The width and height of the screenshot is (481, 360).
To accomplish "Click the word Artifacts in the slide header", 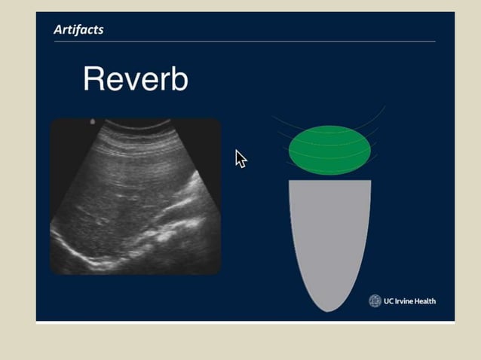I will [x=78, y=30].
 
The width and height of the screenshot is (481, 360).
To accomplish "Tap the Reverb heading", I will [x=135, y=79].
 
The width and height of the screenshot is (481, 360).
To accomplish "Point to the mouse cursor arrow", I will [x=240, y=157].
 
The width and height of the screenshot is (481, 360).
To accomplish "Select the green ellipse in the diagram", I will [x=329, y=150].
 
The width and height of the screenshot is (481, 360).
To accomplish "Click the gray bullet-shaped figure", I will [x=329, y=233].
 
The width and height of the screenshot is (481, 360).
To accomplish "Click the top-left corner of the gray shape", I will [x=290, y=182].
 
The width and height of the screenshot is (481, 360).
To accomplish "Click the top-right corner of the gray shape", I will [x=369, y=182].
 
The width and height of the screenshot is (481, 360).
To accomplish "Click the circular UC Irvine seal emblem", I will [x=375, y=301].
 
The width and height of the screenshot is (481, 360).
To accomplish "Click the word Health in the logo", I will [x=426, y=301].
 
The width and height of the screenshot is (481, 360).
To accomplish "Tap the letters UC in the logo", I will [x=389, y=301].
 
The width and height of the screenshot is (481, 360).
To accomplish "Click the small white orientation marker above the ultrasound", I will [x=92, y=121].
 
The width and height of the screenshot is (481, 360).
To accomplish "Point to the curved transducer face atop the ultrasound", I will [x=136, y=123].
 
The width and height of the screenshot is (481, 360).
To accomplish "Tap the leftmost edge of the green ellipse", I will [x=290, y=150].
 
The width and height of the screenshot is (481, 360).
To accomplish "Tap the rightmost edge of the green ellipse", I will [x=370, y=150].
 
